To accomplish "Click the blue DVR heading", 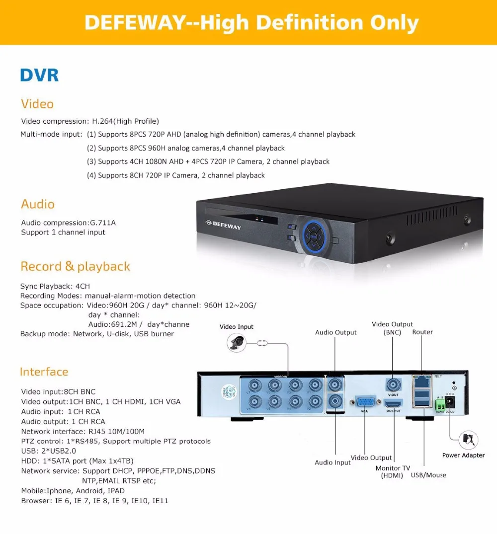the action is pyautogui.click(x=39, y=76).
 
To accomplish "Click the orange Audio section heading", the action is pyautogui.click(x=38, y=204).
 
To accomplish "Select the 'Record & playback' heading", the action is pyautogui.click(x=75, y=266).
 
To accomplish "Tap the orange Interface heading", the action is pyautogui.click(x=44, y=372).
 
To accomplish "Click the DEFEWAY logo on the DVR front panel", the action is pyautogui.click(x=223, y=226).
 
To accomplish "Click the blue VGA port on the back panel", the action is pyautogui.click(x=364, y=402).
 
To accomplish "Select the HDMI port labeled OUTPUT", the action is pyautogui.click(x=393, y=403).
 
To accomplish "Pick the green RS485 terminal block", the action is pyautogui.click(x=440, y=403).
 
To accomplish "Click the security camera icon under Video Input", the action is pyautogui.click(x=237, y=342).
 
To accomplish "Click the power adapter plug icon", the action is pyautogui.click(x=467, y=440).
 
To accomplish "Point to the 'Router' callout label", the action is pyautogui.click(x=422, y=332).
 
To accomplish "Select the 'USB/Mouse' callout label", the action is pyautogui.click(x=428, y=475).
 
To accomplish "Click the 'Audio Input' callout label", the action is pyautogui.click(x=332, y=462).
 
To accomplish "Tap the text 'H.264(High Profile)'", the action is pyautogui.click(x=126, y=121).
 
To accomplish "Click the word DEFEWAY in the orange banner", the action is pyautogui.click(x=132, y=23).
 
